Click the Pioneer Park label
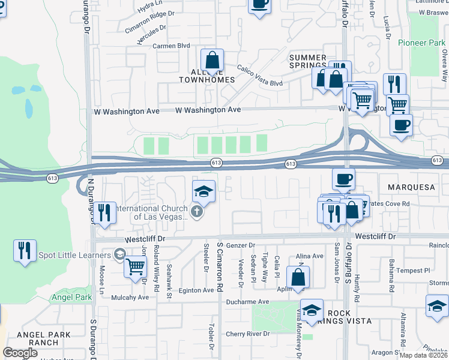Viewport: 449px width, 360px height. click(x=422, y=43)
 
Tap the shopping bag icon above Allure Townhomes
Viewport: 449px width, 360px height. click(x=212, y=61)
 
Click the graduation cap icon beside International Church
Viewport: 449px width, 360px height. click(x=203, y=191)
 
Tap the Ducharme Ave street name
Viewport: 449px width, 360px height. click(x=246, y=301)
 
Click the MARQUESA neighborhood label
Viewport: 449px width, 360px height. click(x=411, y=187)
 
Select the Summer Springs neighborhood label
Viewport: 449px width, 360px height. click(x=308, y=62)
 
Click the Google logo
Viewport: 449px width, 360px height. click(x=20, y=352)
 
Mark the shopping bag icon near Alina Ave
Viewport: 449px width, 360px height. click(x=298, y=277)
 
